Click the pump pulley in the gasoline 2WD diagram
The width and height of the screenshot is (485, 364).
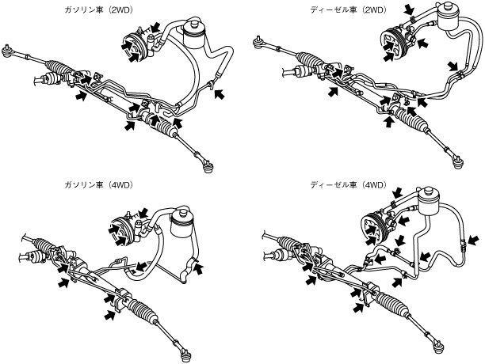131,47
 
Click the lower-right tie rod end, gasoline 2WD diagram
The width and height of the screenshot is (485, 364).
209,164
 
